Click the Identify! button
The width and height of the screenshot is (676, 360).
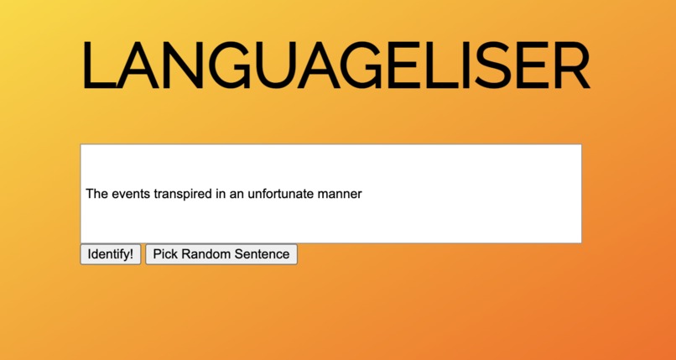coord(110,254)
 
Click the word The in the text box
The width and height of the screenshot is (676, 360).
coord(96,194)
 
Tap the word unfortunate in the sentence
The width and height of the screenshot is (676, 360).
coord(281,194)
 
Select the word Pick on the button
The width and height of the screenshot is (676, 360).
coord(164,254)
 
